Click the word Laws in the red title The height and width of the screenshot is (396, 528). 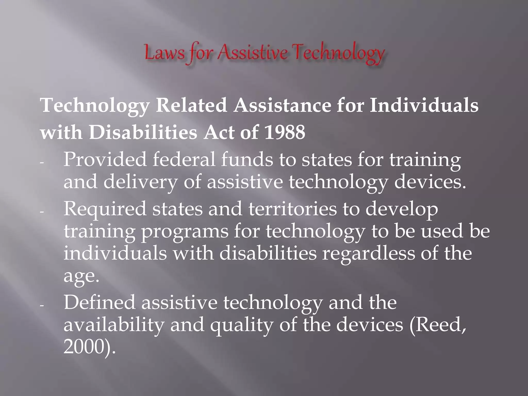pyautogui.click(x=164, y=53)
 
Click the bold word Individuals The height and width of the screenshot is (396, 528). pyautogui.click(x=424, y=105)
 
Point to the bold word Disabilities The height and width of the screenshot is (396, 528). pyautogui.click(x=143, y=133)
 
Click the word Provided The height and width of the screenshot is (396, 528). pyautogui.click(x=105, y=160)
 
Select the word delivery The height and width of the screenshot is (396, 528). pyautogui.click(x=141, y=182)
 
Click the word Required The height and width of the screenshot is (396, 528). pyautogui.click(x=105, y=209)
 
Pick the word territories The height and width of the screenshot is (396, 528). pyautogui.click(x=292, y=209)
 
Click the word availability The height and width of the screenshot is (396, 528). pyautogui.click(x=114, y=325)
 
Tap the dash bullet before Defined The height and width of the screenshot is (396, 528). pyautogui.click(x=42, y=306)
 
